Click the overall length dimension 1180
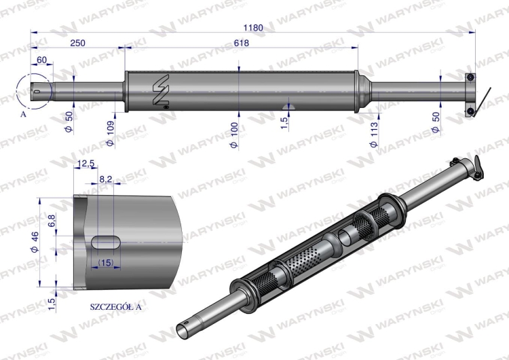click(253, 27)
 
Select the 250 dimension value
click(77, 43)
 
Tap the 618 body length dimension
click(241, 43)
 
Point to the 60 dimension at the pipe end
click(41, 60)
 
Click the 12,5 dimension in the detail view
click(86, 164)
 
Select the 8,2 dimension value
click(105, 179)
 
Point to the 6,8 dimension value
click(52, 221)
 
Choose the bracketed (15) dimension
click(105, 262)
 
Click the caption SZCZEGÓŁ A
click(116, 306)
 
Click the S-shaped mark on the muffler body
click(160, 90)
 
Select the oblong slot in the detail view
click(106, 241)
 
